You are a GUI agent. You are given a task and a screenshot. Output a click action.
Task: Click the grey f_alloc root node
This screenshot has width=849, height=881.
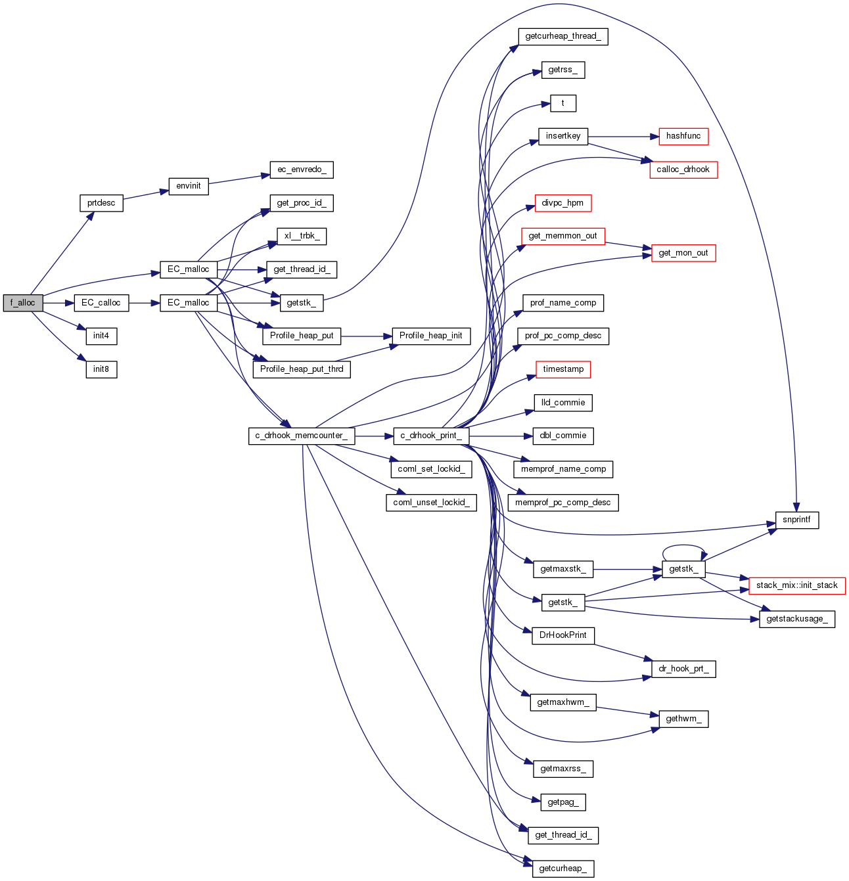pyautogui.click(x=23, y=303)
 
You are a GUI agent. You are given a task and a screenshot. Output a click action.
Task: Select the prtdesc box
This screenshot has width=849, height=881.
pyautogui.click(x=101, y=203)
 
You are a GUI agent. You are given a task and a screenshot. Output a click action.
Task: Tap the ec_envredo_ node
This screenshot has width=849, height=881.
pyautogui.click(x=302, y=169)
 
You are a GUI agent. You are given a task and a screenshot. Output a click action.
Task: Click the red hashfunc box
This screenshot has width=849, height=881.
pyautogui.click(x=683, y=136)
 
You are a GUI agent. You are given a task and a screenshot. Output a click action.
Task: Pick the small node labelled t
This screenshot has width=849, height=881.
pyautogui.click(x=562, y=103)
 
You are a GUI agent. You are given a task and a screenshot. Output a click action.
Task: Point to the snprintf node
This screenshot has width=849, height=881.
pyautogui.click(x=796, y=520)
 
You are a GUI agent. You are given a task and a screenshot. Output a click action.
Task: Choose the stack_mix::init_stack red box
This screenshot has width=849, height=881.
pyautogui.click(x=796, y=585)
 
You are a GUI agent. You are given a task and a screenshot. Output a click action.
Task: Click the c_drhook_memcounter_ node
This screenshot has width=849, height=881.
pyautogui.click(x=302, y=436)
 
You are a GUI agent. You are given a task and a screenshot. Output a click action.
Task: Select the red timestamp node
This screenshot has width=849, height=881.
pyautogui.click(x=563, y=369)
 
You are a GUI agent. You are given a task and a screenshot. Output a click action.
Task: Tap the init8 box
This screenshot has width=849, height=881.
pyautogui.click(x=101, y=369)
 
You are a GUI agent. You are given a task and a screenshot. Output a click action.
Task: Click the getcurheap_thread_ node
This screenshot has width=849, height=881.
pyautogui.click(x=563, y=36)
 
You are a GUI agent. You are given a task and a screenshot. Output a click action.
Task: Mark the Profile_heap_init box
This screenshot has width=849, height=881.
pyautogui.click(x=430, y=336)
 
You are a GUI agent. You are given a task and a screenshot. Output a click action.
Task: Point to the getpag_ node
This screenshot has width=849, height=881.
pyautogui.click(x=563, y=802)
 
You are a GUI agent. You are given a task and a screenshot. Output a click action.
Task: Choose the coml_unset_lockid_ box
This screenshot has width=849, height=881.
pyautogui.click(x=430, y=503)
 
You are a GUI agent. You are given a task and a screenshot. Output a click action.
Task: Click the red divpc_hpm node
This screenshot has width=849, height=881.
pyautogui.click(x=563, y=203)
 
